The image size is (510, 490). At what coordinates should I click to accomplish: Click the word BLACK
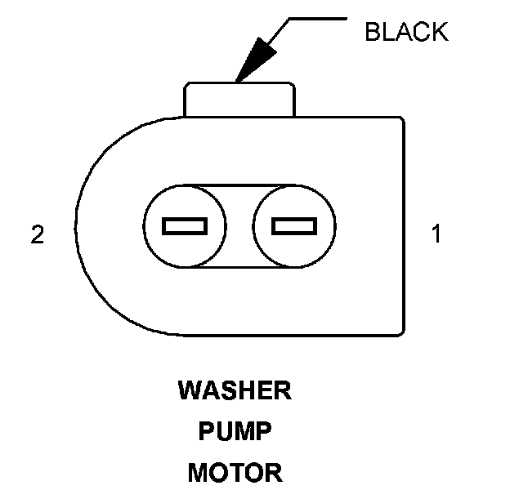click(406, 32)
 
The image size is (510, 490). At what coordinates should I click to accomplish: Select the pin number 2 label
click(37, 235)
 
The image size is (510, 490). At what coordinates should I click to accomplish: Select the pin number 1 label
click(436, 235)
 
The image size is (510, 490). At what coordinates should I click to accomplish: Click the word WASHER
click(234, 391)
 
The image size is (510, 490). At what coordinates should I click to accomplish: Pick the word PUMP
click(235, 431)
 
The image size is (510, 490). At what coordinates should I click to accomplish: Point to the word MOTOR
click(235, 472)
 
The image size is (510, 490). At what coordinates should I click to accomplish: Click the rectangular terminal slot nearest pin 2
click(185, 225)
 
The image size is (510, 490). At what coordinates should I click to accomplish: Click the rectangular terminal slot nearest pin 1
click(293, 225)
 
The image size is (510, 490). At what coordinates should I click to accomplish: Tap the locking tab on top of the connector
click(239, 100)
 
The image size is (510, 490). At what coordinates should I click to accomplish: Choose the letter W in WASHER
click(189, 391)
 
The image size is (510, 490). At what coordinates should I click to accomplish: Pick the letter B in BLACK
click(372, 32)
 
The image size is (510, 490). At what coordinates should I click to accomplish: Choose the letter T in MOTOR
click(246, 472)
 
